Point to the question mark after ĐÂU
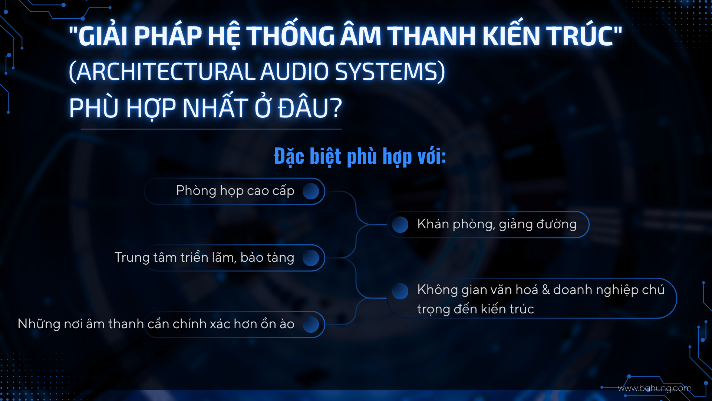336,108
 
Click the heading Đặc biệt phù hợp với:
360,156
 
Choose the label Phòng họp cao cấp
235,191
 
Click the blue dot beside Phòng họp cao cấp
311,191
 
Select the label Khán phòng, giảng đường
497,224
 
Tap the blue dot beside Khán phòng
400,225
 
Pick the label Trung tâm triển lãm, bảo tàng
204,257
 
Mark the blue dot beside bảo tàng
311,258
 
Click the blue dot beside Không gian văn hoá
400,291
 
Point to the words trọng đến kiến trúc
475,309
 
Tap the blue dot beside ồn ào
311,325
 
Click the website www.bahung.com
655,388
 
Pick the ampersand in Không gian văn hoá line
545,290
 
